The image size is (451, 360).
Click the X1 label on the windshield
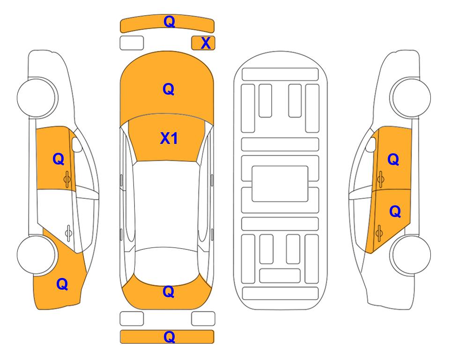169,138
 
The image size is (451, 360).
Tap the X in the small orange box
206,43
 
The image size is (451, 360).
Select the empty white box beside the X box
132,43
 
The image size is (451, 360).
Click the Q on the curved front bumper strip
169,22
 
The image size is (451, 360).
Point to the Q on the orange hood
168,89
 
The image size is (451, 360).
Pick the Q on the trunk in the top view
168,292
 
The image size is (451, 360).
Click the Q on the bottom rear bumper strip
169,337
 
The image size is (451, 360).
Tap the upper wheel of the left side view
37,97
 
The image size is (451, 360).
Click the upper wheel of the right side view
411,97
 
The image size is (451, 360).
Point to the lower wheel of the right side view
411,255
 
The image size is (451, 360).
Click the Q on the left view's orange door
59,159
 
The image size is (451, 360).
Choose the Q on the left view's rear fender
62,284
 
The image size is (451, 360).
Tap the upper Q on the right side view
393,159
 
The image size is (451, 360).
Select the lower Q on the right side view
395,212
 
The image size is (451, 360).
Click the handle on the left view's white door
68,232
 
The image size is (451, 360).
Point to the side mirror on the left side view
76,144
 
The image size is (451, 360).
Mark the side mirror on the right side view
371,144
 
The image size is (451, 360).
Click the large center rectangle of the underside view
280,184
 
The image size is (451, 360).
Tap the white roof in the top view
167,204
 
